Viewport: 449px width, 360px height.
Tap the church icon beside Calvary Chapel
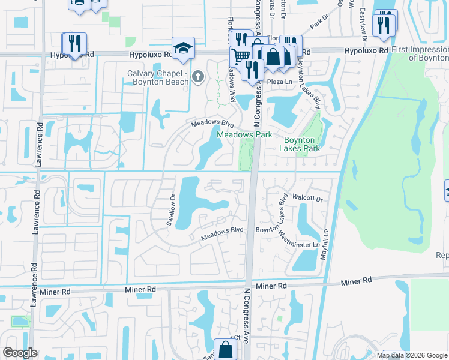(199, 77)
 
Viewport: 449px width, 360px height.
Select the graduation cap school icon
(183, 46)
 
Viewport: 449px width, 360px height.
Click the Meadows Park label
(244, 135)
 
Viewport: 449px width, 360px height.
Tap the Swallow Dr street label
(172, 209)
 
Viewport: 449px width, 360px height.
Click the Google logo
(20, 353)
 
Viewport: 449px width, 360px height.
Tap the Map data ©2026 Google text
(412, 355)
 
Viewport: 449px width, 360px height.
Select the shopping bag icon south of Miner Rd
(225, 349)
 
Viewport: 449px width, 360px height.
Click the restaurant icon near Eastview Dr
(385, 25)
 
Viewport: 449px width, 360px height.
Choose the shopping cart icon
(241, 56)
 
